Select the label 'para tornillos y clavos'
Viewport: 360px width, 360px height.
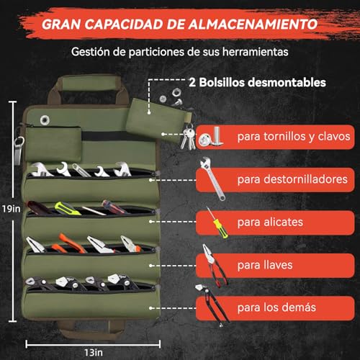pyautogui.click(x=292, y=135)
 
